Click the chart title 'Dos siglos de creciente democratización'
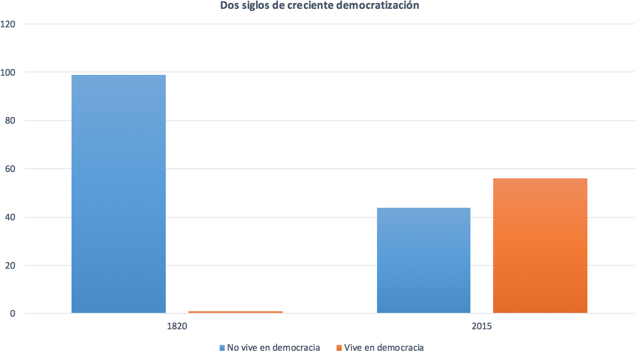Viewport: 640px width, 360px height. click(319, 5)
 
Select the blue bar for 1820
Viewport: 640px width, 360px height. click(119, 194)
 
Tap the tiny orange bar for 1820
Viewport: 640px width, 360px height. click(236, 312)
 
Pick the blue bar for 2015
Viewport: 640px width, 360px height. click(423, 260)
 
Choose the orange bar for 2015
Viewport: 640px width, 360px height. click(540, 246)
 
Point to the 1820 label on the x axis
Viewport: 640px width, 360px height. click(177, 326)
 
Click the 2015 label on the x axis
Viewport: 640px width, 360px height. click(481, 326)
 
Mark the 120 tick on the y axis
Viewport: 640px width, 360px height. click(8, 24)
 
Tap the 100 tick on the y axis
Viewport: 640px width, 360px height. click(8, 73)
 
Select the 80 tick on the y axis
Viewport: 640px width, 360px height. click(10, 121)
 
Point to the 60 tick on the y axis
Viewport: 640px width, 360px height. click(10, 169)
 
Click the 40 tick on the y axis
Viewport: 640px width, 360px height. click(10, 217)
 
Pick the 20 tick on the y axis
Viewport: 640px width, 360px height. click(10, 265)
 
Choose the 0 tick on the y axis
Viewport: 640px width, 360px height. click(12, 314)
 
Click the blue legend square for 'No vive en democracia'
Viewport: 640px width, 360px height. click(222, 348)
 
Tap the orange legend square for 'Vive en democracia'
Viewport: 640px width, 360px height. click(339, 348)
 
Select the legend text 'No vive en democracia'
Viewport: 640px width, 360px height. click(274, 348)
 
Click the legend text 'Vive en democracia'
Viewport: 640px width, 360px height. click(384, 348)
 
